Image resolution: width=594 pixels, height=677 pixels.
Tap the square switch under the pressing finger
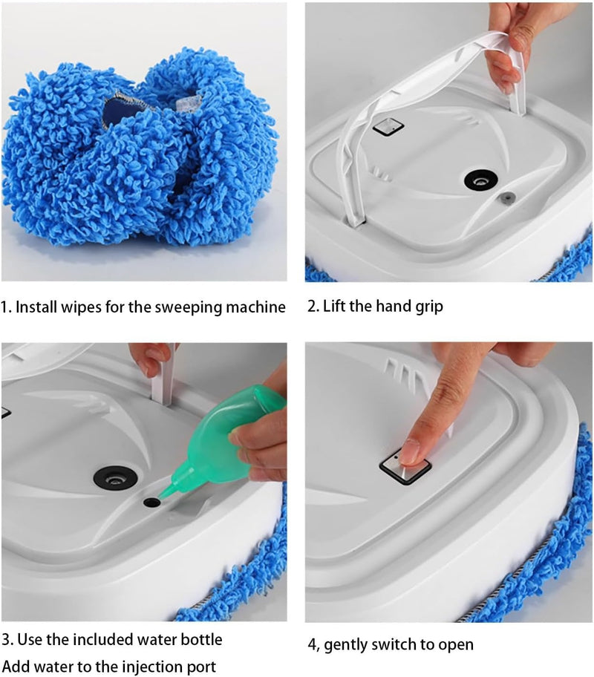(x=405, y=466)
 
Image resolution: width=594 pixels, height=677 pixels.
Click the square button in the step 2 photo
(x=387, y=127)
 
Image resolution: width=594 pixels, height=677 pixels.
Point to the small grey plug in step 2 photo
(x=507, y=197)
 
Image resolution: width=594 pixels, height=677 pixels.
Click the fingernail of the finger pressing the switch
(x=411, y=450)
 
